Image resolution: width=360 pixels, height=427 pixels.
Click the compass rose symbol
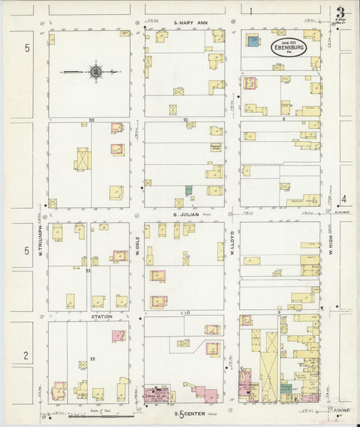[x=96, y=71]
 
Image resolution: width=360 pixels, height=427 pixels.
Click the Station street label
[x=102, y=316]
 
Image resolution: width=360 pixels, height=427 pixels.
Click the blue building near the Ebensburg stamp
[x=252, y=43]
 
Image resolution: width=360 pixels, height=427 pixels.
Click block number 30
[x=88, y=120]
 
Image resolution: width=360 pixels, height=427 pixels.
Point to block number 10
[x=185, y=120]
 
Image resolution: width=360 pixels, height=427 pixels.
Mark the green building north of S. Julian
[x=189, y=191]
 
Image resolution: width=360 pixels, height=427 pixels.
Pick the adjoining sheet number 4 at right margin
[x=343, y=199]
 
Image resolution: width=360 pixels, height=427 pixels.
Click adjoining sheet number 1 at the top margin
[x=250, y=11]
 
